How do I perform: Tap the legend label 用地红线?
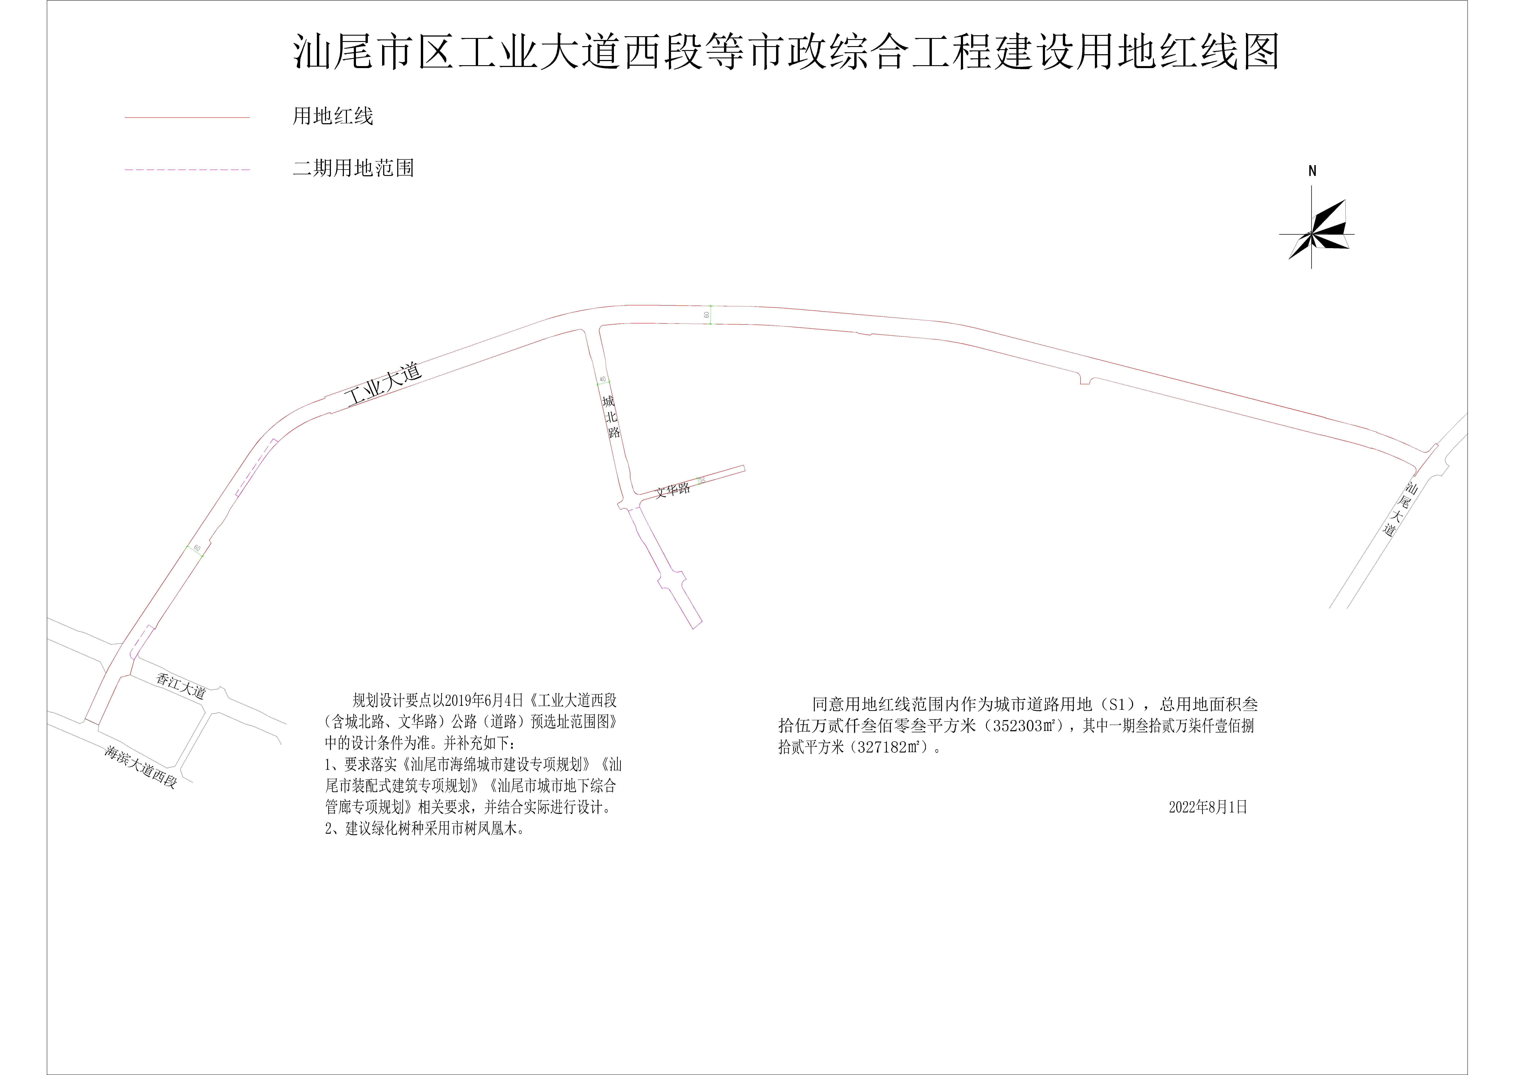(x=333, y=117)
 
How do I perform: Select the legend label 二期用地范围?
(x=354, y=168)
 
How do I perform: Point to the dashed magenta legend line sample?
(x=187, y=170)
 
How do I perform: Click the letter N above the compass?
(x=1312, y=171)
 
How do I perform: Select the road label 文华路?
(x=673, y=490)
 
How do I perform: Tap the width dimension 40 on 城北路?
(x=603, y=379)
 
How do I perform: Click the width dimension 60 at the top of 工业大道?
(x=707, y=315)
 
